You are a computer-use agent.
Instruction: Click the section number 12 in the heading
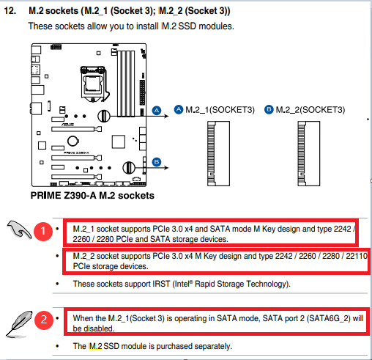[x=10, y=11]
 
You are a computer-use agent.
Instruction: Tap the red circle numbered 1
[x=43, y=231]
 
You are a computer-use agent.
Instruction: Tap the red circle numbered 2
[x=44, y=320]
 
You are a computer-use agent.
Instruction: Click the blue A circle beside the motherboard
[x=157, y=111]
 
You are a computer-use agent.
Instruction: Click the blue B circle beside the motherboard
[x=157, y=162]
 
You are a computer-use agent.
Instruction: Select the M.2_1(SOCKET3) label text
[x=220, y=110]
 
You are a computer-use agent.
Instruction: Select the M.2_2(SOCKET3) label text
[x=310, y=110]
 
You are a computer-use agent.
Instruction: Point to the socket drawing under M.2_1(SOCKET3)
[x=218, y=153]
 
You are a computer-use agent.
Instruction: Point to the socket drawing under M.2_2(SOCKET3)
[x=309, y=153]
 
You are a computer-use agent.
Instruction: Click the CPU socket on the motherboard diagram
[x=93, y=84]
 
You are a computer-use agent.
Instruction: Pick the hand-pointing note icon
[x=19, y=229]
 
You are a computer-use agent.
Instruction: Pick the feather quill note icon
[x=19, y=324]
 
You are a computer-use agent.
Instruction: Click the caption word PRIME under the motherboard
[x=46, y=196]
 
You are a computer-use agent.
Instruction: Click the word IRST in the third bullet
[x=161, y=284]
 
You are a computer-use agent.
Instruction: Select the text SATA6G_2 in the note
[x=328, y=318]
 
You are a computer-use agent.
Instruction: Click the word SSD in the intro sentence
[x=187, y=26]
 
